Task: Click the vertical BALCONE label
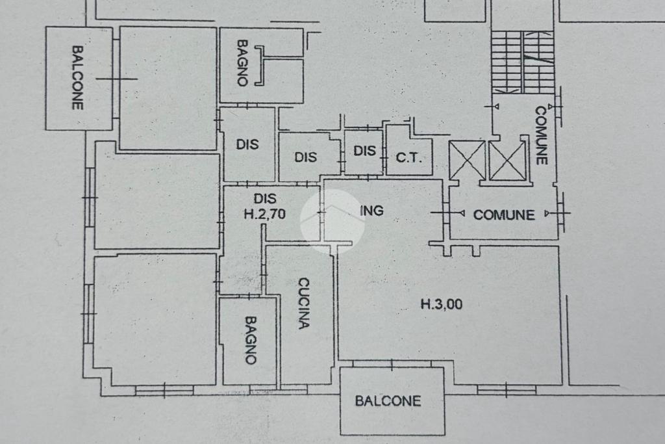(77, 78)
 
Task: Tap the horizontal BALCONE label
(388, 401)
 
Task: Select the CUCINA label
(304, 304)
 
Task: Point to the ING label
(371, 211)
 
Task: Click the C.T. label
(409, 158)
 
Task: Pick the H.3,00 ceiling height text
(442, 304)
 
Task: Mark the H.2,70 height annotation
(265, 214)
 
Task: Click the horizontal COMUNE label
(504, 215)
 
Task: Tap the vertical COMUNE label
(541, 135)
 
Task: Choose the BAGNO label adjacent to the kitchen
(251, 341)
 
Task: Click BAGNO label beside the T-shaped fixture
(242, 63)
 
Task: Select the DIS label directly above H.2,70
(265, 199)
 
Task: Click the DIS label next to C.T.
(365, 151)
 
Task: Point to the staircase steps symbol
(523, 62)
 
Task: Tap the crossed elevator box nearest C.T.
(466, 161)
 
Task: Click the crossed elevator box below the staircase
(507, 161)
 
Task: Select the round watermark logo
(332, 221)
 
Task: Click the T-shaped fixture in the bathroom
(260, 66)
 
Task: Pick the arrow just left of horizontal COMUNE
(462, 213)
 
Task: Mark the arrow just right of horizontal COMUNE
(548, 213)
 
